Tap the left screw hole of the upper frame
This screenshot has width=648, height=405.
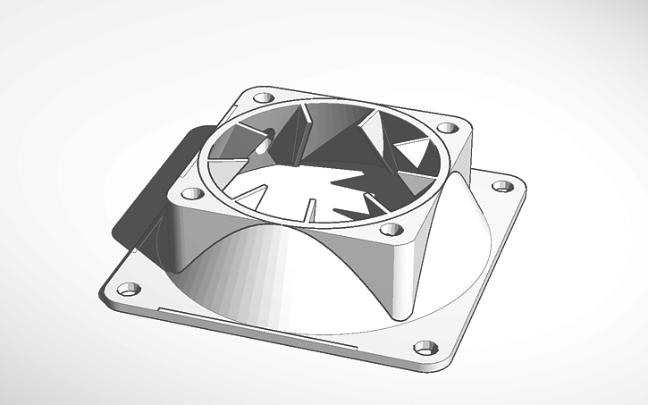click(x=189, y=192)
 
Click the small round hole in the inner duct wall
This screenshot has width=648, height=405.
click(x=266, y=139)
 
